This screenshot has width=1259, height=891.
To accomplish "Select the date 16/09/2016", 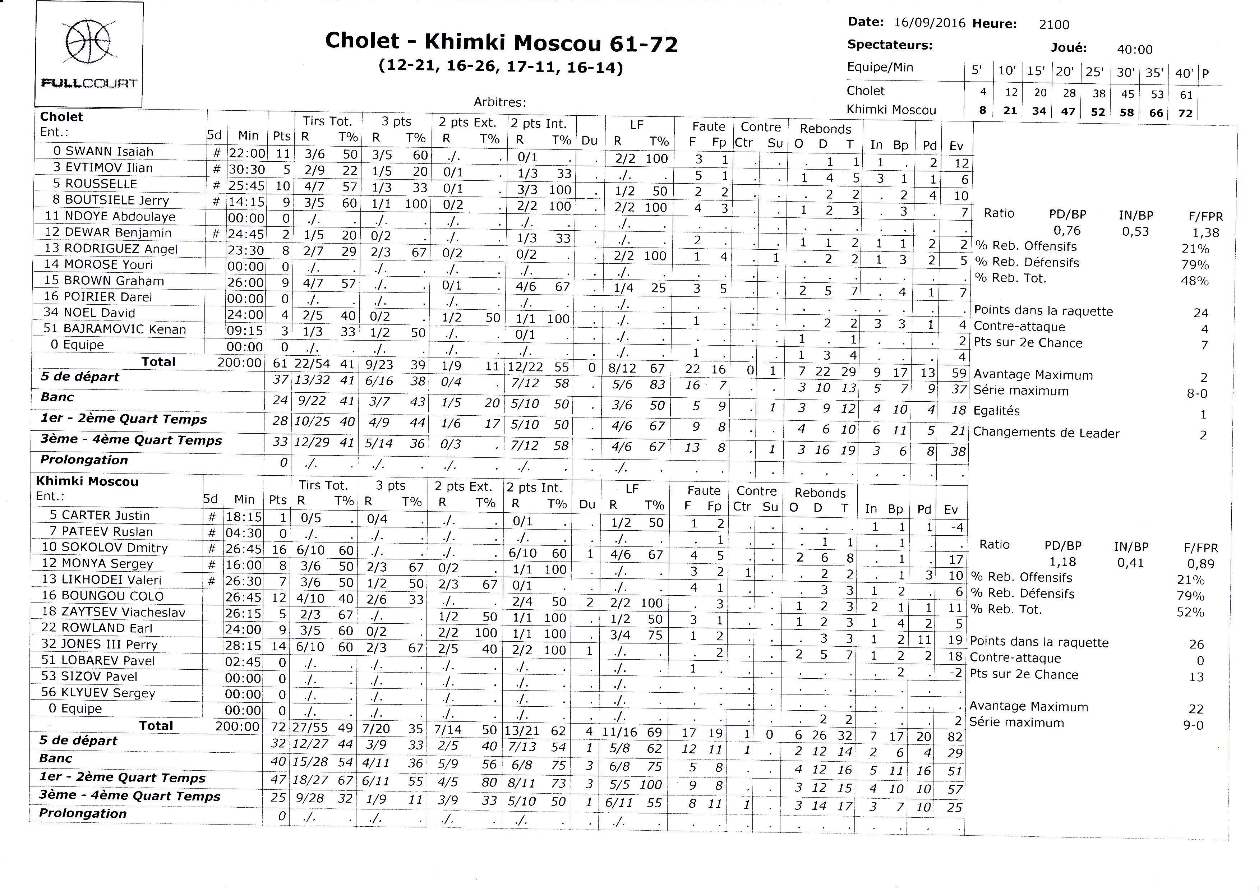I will tap(929, 23).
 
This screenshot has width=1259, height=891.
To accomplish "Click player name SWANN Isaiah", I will tap(109, 151).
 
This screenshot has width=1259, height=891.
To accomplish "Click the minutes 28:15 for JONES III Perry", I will tap(244, 646).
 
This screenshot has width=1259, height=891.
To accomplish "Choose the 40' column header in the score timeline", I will tap(1184, 73).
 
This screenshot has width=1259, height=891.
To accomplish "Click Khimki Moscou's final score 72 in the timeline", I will tap(1185, 113).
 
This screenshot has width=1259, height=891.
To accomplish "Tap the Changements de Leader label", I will tap(1046, 433).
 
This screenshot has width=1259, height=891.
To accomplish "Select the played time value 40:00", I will tap(1134, 49).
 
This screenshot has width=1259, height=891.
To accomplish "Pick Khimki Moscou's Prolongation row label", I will tap(83, 813).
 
